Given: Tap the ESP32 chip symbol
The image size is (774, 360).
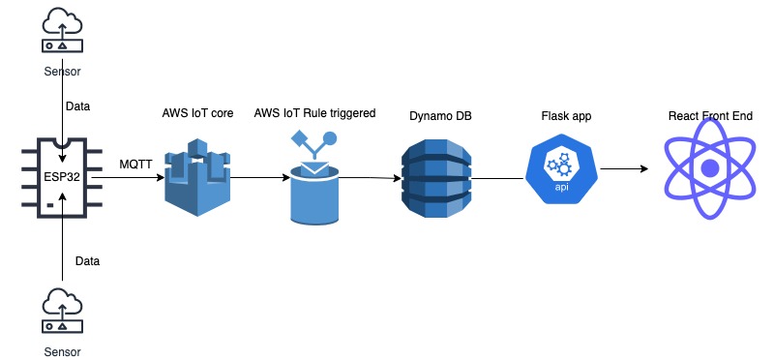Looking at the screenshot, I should tap(62, 177).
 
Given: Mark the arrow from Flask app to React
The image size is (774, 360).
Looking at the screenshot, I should tap(624, 170).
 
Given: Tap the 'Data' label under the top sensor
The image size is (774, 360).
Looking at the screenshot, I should tap(77, 105).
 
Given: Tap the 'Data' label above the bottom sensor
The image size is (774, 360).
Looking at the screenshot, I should tap(87, 260).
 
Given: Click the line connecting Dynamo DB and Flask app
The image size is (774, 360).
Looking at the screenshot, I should tap(498, 178).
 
